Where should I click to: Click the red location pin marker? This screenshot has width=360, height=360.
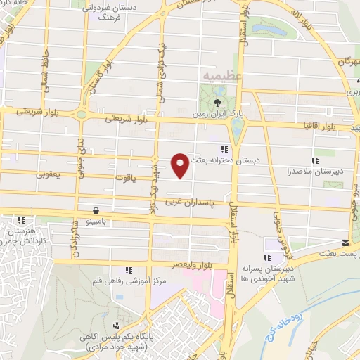pos(181,165)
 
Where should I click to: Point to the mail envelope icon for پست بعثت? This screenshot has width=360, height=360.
pos(345,243)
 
